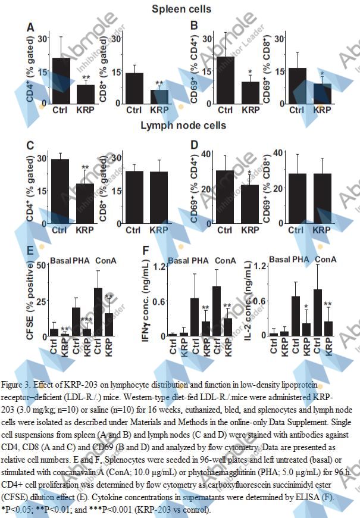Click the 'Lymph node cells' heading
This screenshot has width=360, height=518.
tap(183, 126)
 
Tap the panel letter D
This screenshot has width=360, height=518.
tap(194, 145)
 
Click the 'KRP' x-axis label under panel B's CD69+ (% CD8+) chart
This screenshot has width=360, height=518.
tap(322, 110)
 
